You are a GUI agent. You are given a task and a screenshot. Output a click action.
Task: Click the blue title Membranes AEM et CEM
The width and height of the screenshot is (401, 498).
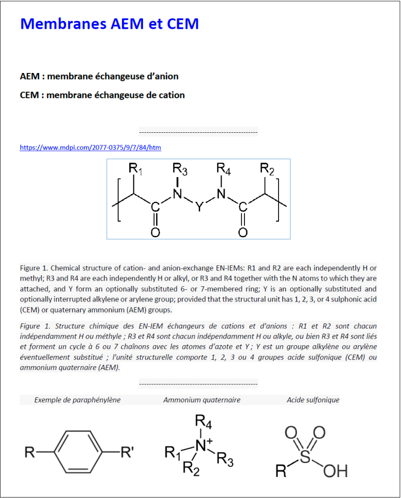109,23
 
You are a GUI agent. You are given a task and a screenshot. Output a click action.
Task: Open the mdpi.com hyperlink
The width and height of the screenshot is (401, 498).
90,147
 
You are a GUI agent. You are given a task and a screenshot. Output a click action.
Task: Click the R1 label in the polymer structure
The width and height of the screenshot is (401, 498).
136,170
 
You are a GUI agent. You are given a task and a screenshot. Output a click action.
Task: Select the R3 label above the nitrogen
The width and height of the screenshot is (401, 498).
180,170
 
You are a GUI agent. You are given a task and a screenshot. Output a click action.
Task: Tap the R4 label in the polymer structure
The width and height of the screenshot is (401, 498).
223,170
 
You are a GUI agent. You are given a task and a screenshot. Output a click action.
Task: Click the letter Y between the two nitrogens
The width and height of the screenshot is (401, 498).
199,207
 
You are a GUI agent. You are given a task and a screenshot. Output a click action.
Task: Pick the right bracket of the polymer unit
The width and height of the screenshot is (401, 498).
278,200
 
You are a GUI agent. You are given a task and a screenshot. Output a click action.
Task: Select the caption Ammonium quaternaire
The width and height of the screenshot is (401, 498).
202,400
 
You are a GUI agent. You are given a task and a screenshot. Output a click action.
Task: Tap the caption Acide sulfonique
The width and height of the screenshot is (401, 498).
313,400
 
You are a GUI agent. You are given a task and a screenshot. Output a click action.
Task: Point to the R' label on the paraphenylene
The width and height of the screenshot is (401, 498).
127,453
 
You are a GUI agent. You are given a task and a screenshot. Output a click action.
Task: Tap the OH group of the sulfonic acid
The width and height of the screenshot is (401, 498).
335,471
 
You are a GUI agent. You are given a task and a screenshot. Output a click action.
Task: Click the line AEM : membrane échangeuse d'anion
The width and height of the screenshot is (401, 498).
99,76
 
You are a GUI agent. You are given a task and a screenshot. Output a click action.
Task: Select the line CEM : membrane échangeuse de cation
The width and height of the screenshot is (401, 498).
102,95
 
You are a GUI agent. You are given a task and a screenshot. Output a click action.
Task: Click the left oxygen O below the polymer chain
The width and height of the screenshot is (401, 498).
155,232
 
